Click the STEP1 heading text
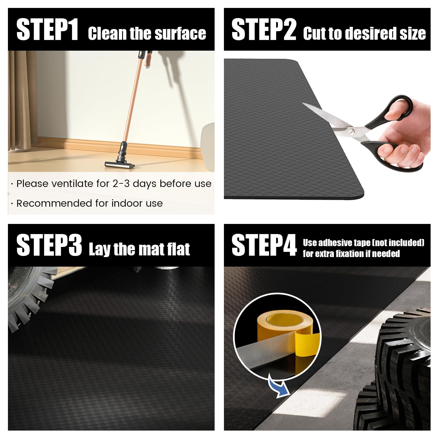tap(47, 30)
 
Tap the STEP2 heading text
tap(264, 30)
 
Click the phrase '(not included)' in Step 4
tap(398, 243)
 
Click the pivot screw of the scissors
tap(351, 132)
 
